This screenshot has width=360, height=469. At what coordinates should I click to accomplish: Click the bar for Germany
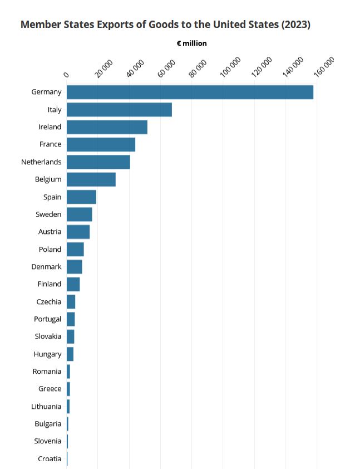(190, 92)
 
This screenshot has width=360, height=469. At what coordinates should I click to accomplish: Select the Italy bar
(119, 110)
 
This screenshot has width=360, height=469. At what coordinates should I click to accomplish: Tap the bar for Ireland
(107, 127)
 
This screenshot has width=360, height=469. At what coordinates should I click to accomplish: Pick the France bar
(101, 144)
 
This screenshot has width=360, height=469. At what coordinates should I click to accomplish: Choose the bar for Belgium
(91, 179)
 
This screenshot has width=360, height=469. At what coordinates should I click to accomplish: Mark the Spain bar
(81, 197)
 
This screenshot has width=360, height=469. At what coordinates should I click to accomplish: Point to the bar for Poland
(75, 249)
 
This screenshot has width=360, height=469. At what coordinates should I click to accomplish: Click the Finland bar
(73, 284)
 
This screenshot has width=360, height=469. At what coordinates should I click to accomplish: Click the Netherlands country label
(41, 162)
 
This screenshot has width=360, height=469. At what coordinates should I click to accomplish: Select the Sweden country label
(48, 214)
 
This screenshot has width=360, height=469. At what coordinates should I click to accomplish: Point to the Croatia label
(50, 458)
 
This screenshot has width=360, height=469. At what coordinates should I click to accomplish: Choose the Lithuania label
(46, 406)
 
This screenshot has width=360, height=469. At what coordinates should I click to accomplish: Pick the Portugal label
(47, 319)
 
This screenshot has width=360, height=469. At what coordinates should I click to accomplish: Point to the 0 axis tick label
(67, 74)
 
